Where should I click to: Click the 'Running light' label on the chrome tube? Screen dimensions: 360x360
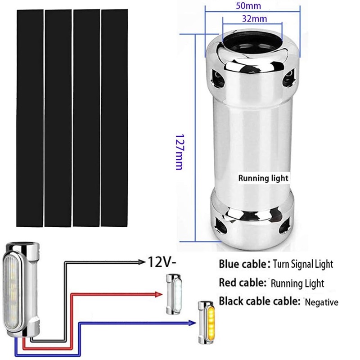(x=263, y=178)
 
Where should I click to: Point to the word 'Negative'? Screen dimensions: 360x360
(x=321, y=302)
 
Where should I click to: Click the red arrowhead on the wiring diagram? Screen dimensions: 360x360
(x=158, y=294)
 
